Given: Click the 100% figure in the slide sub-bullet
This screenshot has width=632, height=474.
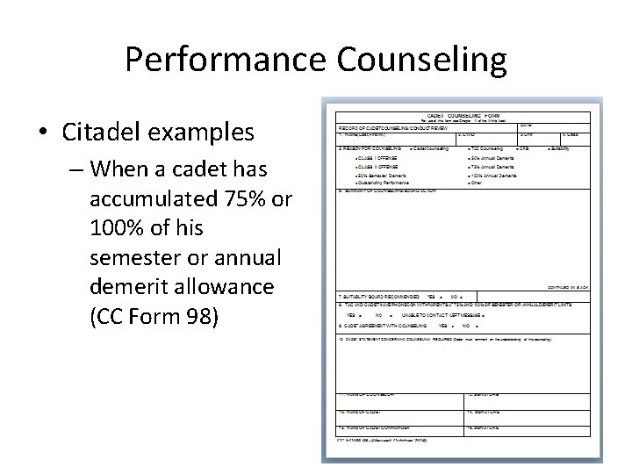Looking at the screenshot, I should pyautogui.click(x=118, y=228).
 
